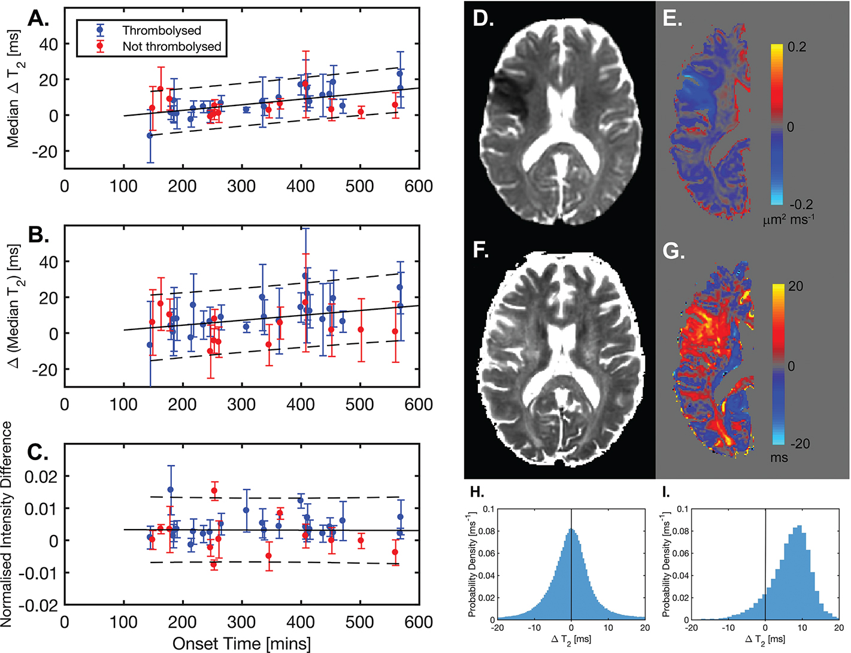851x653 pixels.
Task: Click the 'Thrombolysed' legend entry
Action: click(162, 30)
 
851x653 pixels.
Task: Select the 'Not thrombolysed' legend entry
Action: click(171, 46)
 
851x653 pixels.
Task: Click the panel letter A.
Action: click(39, 19)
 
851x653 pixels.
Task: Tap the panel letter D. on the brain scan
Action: click(483, 19)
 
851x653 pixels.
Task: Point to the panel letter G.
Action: click(674, 250)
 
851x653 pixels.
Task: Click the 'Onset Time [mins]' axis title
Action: click(241, 643)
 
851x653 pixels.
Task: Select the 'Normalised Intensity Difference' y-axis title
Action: click(7, 524)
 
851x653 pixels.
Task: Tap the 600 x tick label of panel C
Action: click(418, 622)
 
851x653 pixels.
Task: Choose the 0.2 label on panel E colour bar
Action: click(797, 47)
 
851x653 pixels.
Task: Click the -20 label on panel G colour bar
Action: click(799, 444)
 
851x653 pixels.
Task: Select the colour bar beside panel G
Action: click(778, 364)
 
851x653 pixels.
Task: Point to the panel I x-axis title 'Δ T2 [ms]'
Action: click(765, 640)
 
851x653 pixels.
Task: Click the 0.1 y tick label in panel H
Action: click(489, 509)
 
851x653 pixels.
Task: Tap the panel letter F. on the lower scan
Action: click(481, 249)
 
